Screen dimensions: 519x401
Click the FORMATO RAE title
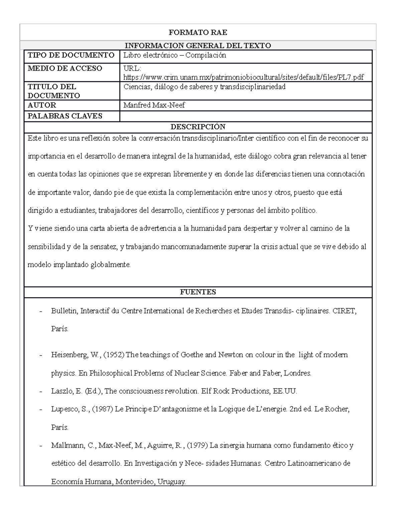pos(198,32)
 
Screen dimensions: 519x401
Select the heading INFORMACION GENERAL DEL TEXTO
pos(198,45)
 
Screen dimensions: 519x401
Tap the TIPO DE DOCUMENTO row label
pos(71,55)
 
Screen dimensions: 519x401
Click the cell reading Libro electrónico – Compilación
pos(175,55)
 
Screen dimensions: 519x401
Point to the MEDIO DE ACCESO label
pos(65,69)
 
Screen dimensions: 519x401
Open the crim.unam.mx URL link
pos(243,78)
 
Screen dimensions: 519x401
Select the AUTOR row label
pos(42,105)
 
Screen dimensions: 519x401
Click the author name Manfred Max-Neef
pos(154,105)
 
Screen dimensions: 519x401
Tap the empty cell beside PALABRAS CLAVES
pos(246,116)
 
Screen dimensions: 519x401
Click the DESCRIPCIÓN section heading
pos(198,127)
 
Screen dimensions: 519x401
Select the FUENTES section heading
pos(198,292)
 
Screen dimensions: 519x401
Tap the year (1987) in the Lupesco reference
pos(102,409)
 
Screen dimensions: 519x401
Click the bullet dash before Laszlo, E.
pos(41,391)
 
